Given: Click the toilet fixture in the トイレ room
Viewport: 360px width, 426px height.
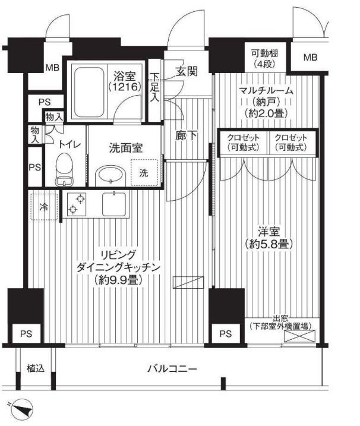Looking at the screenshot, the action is tap(64, 169).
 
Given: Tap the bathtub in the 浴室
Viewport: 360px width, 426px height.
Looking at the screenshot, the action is tap(89, 92).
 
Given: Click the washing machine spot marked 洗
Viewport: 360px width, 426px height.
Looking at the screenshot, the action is tap(144, 172).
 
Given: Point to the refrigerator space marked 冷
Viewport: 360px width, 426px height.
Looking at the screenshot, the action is tap(44, 207).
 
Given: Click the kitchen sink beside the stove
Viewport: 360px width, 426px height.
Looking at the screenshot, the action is tap(114, 204).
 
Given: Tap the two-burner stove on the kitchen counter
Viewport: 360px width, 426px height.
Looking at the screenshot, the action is tap(77, 204).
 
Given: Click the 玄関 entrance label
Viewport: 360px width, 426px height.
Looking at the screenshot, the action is tap(187, 71).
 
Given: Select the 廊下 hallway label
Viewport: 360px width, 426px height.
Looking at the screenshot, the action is tap(187, 135).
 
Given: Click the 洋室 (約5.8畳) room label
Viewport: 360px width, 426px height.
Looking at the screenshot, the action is tap(269, 238).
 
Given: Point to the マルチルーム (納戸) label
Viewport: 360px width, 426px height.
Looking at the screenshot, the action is tap(266, 102).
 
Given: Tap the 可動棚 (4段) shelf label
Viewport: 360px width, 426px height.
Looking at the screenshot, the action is tap(264, 58).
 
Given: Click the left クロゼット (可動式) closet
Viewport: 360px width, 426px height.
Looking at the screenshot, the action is tap(244, 143).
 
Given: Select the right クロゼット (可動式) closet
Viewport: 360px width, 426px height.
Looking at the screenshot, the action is tap(292, 143).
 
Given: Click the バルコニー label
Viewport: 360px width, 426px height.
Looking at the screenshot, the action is tap(172, 369).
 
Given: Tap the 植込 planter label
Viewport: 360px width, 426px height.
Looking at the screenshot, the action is tap(35, 369).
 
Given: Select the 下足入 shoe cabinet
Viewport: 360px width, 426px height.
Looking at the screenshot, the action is tap(154, 90).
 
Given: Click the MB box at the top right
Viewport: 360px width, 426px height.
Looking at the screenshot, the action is tap(310, 57).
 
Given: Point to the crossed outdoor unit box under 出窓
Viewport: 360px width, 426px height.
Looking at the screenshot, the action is tap(300, 336).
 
